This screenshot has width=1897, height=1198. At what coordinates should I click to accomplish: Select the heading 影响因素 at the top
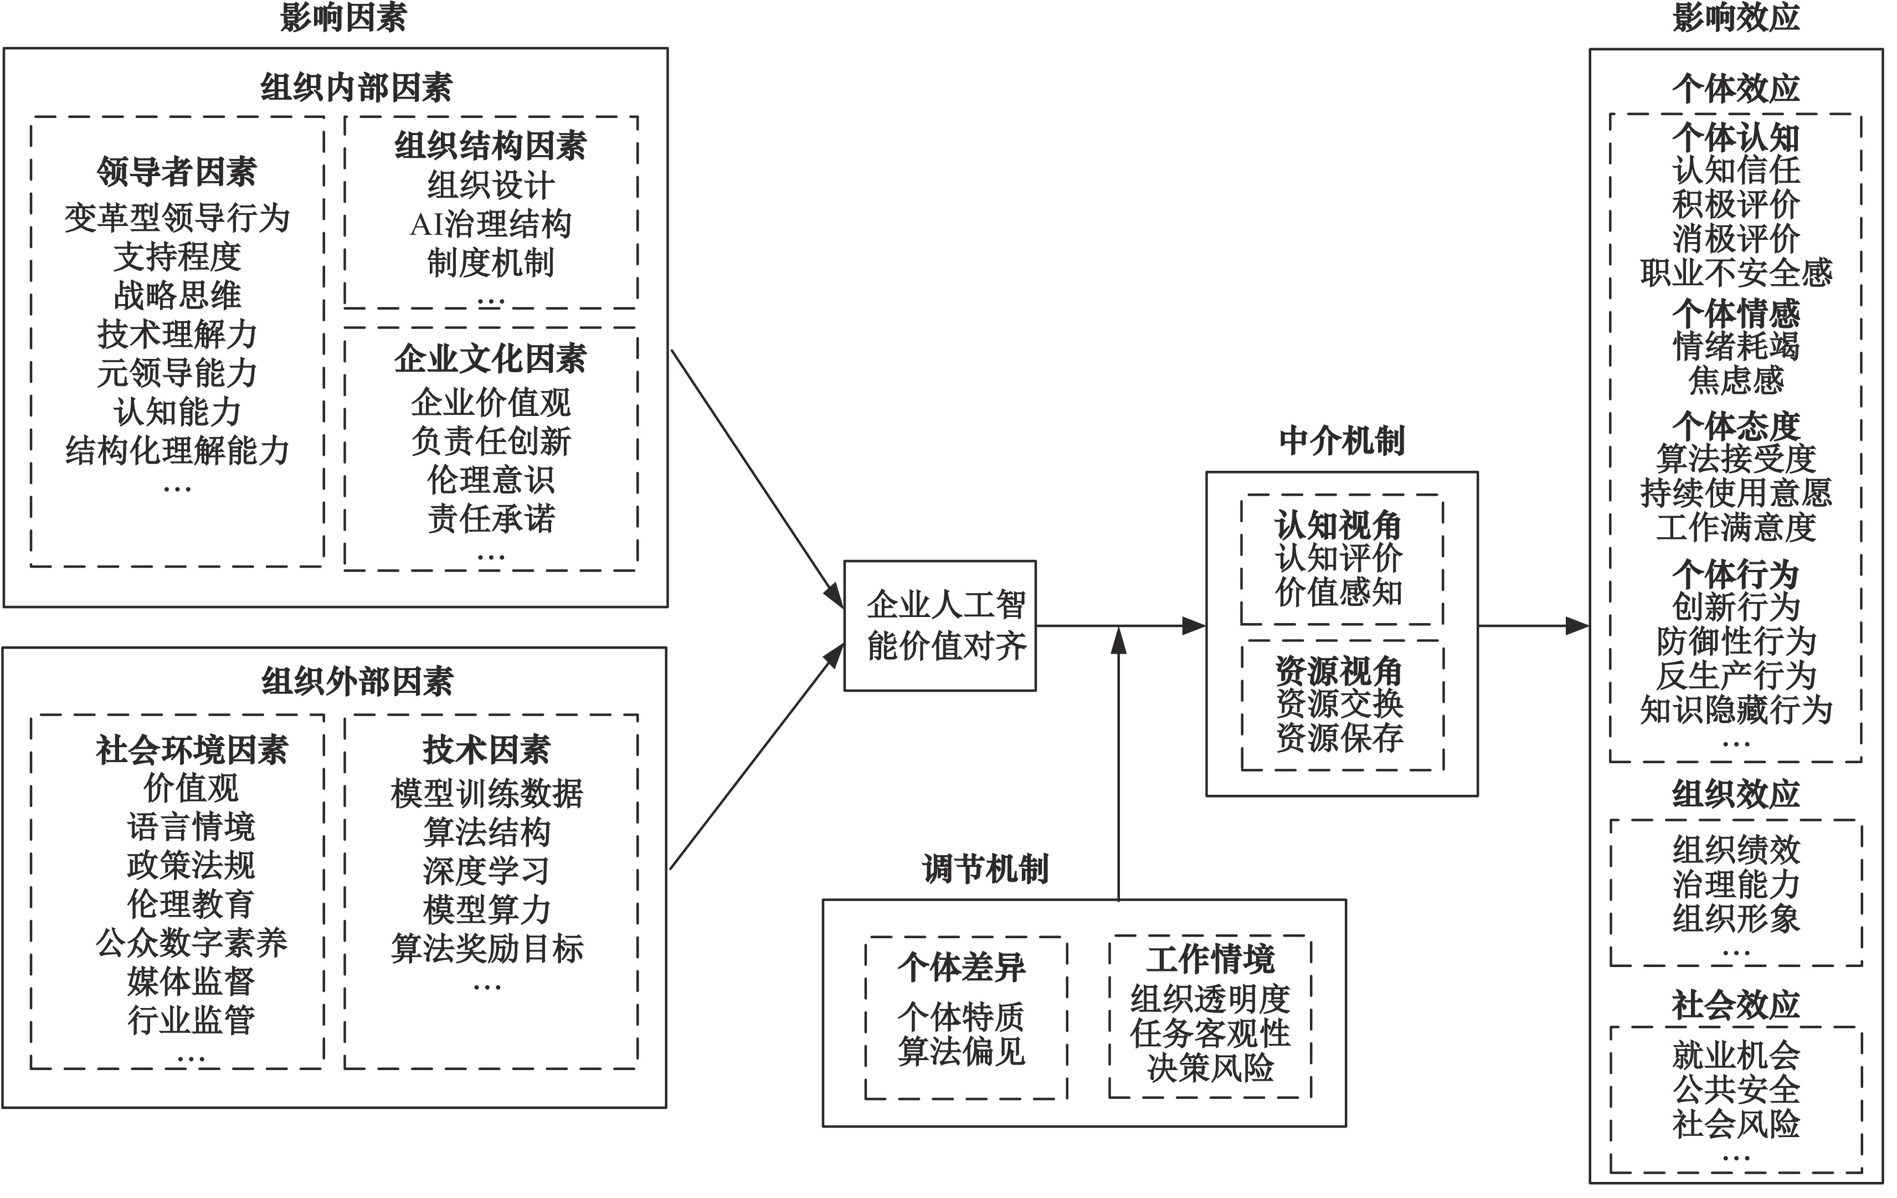[343, 17]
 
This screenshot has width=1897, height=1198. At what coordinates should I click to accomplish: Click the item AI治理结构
[491, 224]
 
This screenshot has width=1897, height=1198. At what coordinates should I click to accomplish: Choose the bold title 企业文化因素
[491, 359]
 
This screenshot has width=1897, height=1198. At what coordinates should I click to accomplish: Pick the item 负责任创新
[491, 441]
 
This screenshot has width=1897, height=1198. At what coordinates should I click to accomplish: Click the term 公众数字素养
[192, 943]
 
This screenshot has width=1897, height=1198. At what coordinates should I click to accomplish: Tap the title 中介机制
[1341, 441]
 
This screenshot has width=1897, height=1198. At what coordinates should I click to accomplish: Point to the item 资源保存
[1339, 738]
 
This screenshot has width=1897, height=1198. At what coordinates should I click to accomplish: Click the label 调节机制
[985, 870]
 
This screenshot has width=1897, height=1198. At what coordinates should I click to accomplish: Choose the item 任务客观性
[1210, 1034]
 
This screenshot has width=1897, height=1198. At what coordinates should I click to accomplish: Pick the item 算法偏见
[961, 1051]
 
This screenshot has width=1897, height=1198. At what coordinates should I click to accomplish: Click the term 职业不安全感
[1736, 272]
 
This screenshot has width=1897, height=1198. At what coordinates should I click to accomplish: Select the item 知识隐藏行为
[1736, 709]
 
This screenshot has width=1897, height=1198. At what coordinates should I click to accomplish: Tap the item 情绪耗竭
[1736, 346]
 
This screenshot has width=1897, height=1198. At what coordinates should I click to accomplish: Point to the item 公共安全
[1736, 1089]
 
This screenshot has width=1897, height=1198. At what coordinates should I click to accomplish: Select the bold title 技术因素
[487, 750]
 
